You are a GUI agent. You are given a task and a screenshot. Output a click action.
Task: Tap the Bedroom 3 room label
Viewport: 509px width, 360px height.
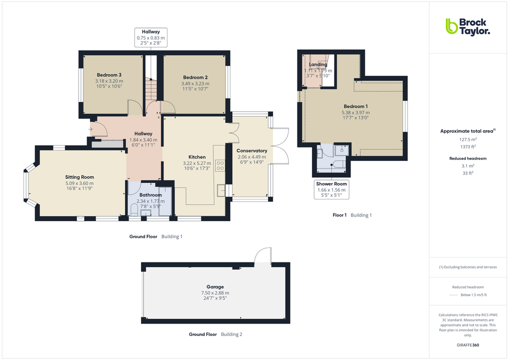tap(109, 75)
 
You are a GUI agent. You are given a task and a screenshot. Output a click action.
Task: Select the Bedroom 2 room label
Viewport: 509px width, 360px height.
tap(195, 77)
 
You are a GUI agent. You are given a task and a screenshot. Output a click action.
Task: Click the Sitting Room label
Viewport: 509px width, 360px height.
tap(79, 177)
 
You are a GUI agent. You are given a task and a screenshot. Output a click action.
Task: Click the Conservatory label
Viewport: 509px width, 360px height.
tap(251, 150)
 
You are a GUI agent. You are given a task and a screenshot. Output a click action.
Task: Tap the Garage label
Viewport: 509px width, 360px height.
tap(215, 287)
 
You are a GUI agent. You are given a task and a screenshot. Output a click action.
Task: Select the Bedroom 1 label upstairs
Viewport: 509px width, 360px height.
tap(355, 106)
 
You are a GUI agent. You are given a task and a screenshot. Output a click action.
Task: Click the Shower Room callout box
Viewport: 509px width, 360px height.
tap(331, 190)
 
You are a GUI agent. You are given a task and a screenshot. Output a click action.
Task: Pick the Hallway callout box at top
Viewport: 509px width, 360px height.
tap(150, 37)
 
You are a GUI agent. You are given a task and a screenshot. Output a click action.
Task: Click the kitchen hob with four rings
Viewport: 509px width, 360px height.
tap(220, 165)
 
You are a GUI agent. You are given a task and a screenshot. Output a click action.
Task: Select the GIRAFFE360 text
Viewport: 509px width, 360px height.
tap(467, 345)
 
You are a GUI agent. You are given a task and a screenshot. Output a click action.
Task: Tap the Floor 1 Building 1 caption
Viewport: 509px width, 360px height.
tap(352, 215)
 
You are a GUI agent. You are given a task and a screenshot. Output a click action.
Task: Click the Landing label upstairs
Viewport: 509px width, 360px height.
tap(318, 64)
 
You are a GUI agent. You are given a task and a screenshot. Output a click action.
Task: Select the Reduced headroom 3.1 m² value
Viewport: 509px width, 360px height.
tap(467, 166)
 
